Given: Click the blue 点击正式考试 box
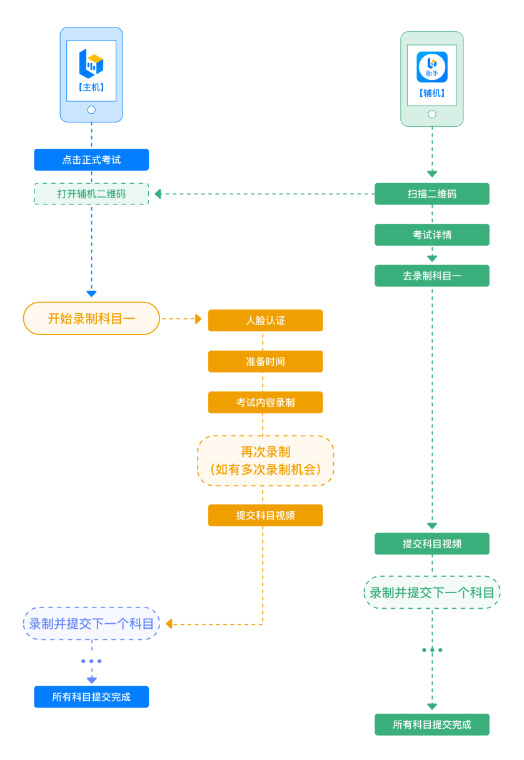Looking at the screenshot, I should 91,160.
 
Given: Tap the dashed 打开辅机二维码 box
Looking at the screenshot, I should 91,194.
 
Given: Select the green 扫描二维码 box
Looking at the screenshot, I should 431,194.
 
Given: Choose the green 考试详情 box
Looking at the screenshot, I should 431,235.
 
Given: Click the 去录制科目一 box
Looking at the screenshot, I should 431,276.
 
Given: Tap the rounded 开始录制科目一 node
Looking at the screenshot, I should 91,318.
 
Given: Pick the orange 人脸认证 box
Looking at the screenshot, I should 265,321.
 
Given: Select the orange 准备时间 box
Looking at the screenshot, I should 265,361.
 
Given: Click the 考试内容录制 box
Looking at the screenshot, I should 265,402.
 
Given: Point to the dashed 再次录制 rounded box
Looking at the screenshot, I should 265,461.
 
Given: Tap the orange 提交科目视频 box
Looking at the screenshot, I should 265,516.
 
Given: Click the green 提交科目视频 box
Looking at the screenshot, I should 431,544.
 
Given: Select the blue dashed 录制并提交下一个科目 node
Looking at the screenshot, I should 91,623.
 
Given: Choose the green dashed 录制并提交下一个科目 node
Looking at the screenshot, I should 431,592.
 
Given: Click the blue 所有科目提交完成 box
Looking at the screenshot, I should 91,697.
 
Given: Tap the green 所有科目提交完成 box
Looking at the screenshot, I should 431,724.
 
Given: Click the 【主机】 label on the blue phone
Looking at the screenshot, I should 91,87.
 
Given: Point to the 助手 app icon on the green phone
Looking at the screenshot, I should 431,67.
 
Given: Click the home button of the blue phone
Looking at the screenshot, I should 91,110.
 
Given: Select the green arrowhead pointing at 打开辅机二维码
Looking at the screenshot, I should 158,194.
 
